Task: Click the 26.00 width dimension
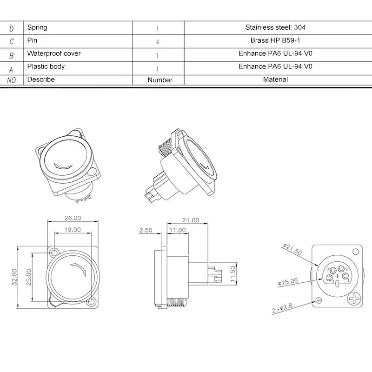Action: pos(73,218)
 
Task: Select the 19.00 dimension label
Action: pos(73,230)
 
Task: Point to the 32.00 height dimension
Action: pos(14,277)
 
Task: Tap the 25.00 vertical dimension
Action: pos(29,277)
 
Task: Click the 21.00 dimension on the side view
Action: pos(191,220)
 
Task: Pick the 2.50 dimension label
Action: pos(146,230)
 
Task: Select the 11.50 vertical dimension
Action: pos(233,274)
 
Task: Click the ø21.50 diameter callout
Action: pos(292,249)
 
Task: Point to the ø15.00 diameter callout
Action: pos(287,282)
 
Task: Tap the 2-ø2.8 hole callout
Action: pos(282,308)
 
